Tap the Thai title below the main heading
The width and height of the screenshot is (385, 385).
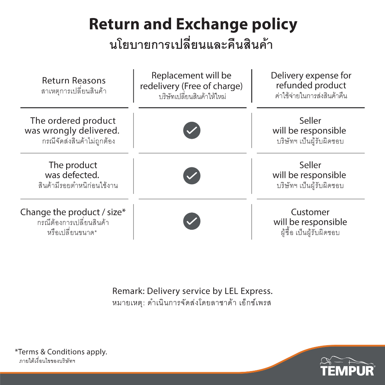[191, 45]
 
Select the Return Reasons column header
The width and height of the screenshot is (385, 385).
[74, 80]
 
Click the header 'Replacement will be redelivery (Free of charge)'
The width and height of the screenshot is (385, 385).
[191, 81]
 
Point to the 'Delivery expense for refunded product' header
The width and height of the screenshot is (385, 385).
[311, 80]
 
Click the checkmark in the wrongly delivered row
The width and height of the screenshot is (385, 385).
[192, 130]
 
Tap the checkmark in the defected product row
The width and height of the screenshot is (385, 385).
[192, 176]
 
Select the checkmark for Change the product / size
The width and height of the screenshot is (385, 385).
[192, 221]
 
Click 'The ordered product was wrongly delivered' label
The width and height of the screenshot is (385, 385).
[72, 126]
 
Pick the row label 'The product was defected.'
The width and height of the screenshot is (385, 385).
[73, 170]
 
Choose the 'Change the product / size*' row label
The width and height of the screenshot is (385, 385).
[73, 212]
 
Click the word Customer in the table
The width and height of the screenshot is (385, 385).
[310, 212]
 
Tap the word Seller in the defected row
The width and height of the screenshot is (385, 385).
[310, 165]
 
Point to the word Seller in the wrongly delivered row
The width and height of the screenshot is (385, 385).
[310, 121]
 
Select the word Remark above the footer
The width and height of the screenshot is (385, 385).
[129, 291]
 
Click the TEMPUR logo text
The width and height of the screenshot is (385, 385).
[347, 370]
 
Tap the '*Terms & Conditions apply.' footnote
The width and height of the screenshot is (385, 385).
[61, 352]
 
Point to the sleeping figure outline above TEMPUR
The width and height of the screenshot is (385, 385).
[346, 360]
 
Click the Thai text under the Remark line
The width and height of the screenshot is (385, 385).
[191, 303]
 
